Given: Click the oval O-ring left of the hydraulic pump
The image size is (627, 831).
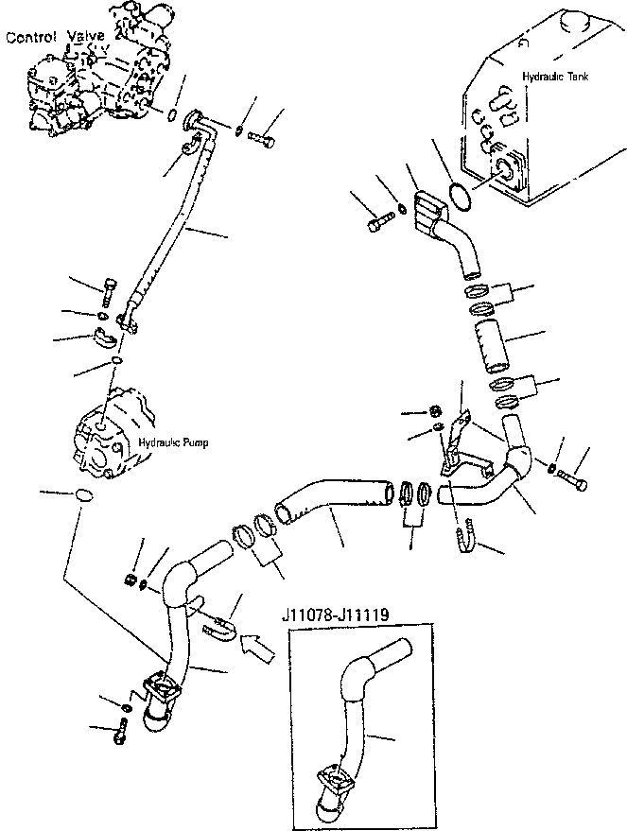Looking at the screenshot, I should click(83, 495).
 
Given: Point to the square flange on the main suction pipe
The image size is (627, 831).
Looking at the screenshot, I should click(158, 684).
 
